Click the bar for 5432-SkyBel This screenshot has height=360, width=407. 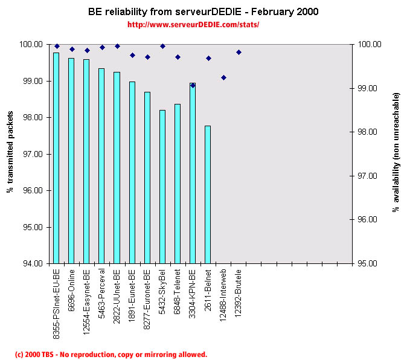[162, 187]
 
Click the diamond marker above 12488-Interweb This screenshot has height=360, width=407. [223, 77]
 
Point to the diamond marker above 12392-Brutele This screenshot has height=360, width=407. [239, 52]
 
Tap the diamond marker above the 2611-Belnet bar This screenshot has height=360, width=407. [208, 58]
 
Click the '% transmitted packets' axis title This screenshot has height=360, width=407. [10, 153]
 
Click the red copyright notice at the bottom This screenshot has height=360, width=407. [111, 355]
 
